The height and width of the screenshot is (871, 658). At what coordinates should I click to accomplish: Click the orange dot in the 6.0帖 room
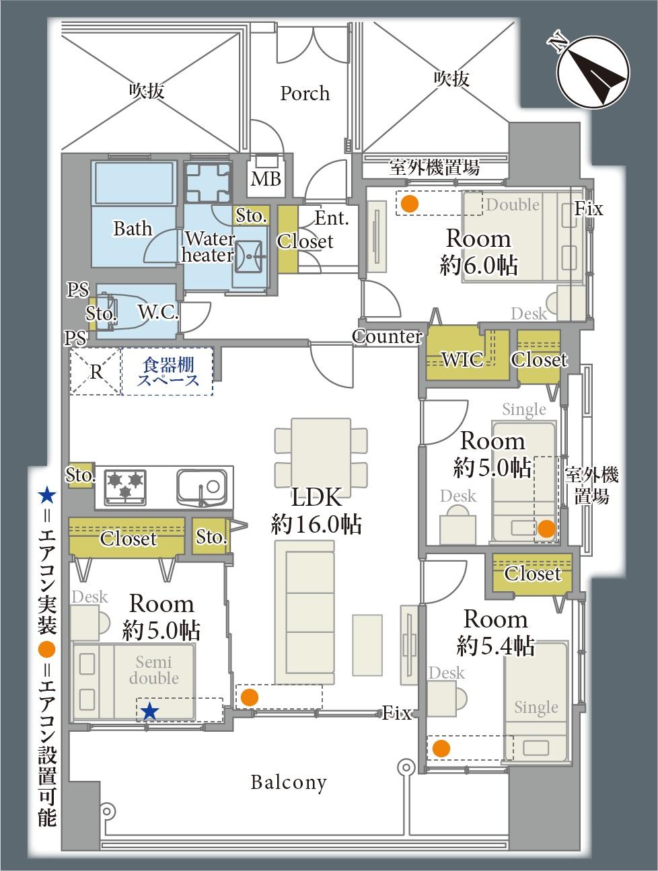410,204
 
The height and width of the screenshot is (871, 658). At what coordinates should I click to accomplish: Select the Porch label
305,93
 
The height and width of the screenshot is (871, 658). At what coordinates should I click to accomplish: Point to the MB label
266,179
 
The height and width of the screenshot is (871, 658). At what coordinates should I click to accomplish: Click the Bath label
133,228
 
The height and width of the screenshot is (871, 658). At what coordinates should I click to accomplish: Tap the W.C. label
158,312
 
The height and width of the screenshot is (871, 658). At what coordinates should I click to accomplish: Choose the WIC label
462,360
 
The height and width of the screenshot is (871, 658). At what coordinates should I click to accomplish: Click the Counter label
387,336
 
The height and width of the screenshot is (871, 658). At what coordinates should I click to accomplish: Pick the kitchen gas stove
125,488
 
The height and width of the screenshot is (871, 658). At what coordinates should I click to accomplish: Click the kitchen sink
202,488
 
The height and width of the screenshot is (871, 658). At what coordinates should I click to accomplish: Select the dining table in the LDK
321,457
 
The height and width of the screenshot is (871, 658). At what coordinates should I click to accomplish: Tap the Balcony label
289,782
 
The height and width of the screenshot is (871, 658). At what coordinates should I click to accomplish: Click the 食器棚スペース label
168,371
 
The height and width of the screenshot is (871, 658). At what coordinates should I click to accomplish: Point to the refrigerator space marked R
96,372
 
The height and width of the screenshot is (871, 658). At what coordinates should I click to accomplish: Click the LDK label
316,497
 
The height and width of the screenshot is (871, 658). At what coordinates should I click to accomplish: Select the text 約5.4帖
495,646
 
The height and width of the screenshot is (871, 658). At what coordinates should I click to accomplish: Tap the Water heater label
208,247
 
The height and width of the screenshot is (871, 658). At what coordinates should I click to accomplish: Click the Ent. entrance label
332,218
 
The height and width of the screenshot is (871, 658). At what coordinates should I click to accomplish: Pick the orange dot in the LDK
250,697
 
